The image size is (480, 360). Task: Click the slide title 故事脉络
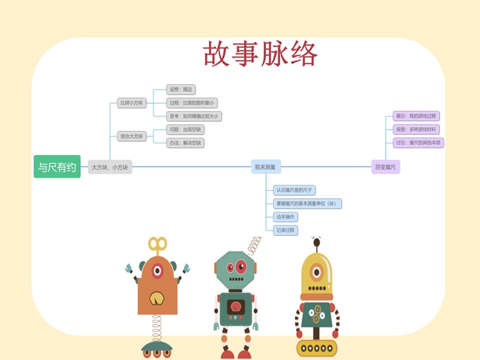point(260,54)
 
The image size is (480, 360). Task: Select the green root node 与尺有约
point(57,167)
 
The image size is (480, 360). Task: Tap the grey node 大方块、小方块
point(110,167)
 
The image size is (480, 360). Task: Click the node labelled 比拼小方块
point(132,103)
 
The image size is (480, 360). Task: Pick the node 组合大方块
point(132,136)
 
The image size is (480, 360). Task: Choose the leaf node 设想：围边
point(182,89)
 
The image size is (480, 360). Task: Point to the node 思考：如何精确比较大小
point(194,116)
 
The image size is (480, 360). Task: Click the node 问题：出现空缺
point(186,130)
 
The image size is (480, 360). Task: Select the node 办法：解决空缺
point(186,143)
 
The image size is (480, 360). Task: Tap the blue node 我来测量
point(265,167)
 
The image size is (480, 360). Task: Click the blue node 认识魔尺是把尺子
point(294,190)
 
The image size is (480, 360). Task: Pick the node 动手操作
point(285,217)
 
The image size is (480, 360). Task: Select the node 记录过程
point(285,230)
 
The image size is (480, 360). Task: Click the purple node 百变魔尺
point(385,167)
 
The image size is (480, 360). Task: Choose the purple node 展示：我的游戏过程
point(416,116)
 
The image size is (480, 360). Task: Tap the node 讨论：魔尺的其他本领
point(418,143)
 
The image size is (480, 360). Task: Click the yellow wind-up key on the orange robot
point(157,244)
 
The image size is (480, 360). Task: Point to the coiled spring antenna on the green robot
point(254,244)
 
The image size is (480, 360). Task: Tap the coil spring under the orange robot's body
point(157,328)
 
